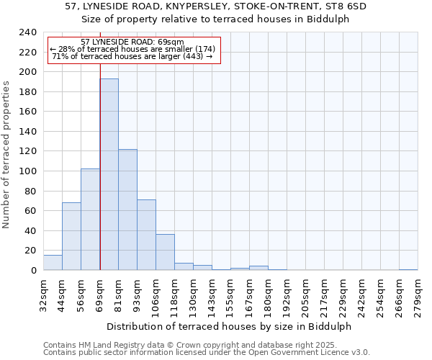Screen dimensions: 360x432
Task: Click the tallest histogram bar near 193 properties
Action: [109, 174]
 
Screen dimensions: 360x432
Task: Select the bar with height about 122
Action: [127, 210]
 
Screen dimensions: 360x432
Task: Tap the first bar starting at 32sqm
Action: [53, 263]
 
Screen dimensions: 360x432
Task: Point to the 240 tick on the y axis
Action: [28, 32]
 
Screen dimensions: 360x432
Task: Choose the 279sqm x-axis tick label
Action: [418, 293]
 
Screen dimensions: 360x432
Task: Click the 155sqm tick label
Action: [230, 293]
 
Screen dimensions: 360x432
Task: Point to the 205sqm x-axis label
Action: [305, 293]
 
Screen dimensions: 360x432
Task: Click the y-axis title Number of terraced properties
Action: [7, 155]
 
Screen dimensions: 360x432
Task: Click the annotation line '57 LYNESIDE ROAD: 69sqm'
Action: [132, 42]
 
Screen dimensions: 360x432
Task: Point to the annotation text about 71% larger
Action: [132, 56]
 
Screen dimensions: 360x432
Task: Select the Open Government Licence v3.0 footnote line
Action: [207, 353]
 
